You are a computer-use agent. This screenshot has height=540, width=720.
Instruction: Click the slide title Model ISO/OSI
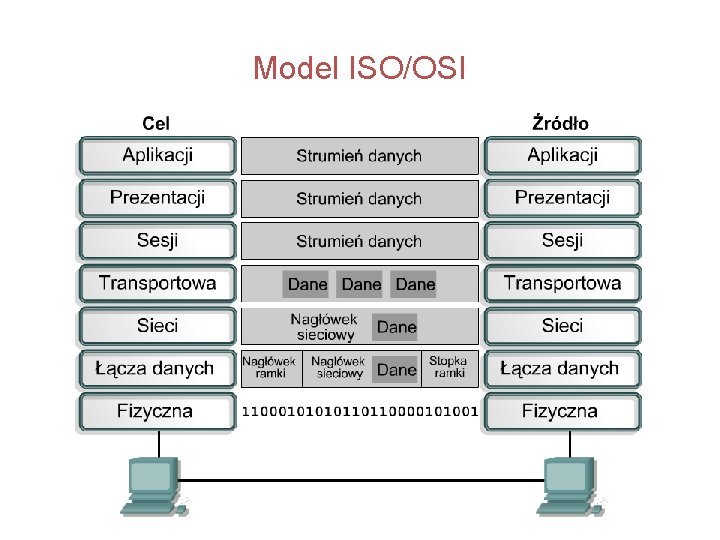[x=359, y=69]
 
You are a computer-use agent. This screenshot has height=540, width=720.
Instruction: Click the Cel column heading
[x=156, y=124]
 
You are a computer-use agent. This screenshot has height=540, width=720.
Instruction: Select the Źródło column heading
[x=560, y=124]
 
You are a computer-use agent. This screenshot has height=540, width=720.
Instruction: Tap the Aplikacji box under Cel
[x=157, y=156]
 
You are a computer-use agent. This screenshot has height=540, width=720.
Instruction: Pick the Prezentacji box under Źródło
[x=562, y=198]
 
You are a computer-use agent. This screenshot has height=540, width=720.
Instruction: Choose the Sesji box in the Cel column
[x=157, y=241]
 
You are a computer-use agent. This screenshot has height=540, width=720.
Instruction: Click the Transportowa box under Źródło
[x=562, y=283]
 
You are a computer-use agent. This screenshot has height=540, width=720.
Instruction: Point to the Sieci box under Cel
[x=157, y=326]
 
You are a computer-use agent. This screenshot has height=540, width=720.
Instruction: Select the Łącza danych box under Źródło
[x=562, y=369]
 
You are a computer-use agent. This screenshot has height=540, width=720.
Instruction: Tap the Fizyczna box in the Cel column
[x=157, y=411]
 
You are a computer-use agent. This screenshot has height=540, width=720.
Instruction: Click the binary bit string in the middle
[x=360, y=411]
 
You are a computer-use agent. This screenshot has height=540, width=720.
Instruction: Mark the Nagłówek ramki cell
[x=270, y=367]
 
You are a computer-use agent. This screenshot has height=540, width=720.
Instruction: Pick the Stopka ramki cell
[x=448, y=367]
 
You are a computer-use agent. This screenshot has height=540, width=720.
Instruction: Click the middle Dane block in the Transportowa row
[x=361, y=284]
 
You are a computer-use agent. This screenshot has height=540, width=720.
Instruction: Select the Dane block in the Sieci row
[x=396, y=327]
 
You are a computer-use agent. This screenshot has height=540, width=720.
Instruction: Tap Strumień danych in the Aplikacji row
[x=359, y=156]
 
